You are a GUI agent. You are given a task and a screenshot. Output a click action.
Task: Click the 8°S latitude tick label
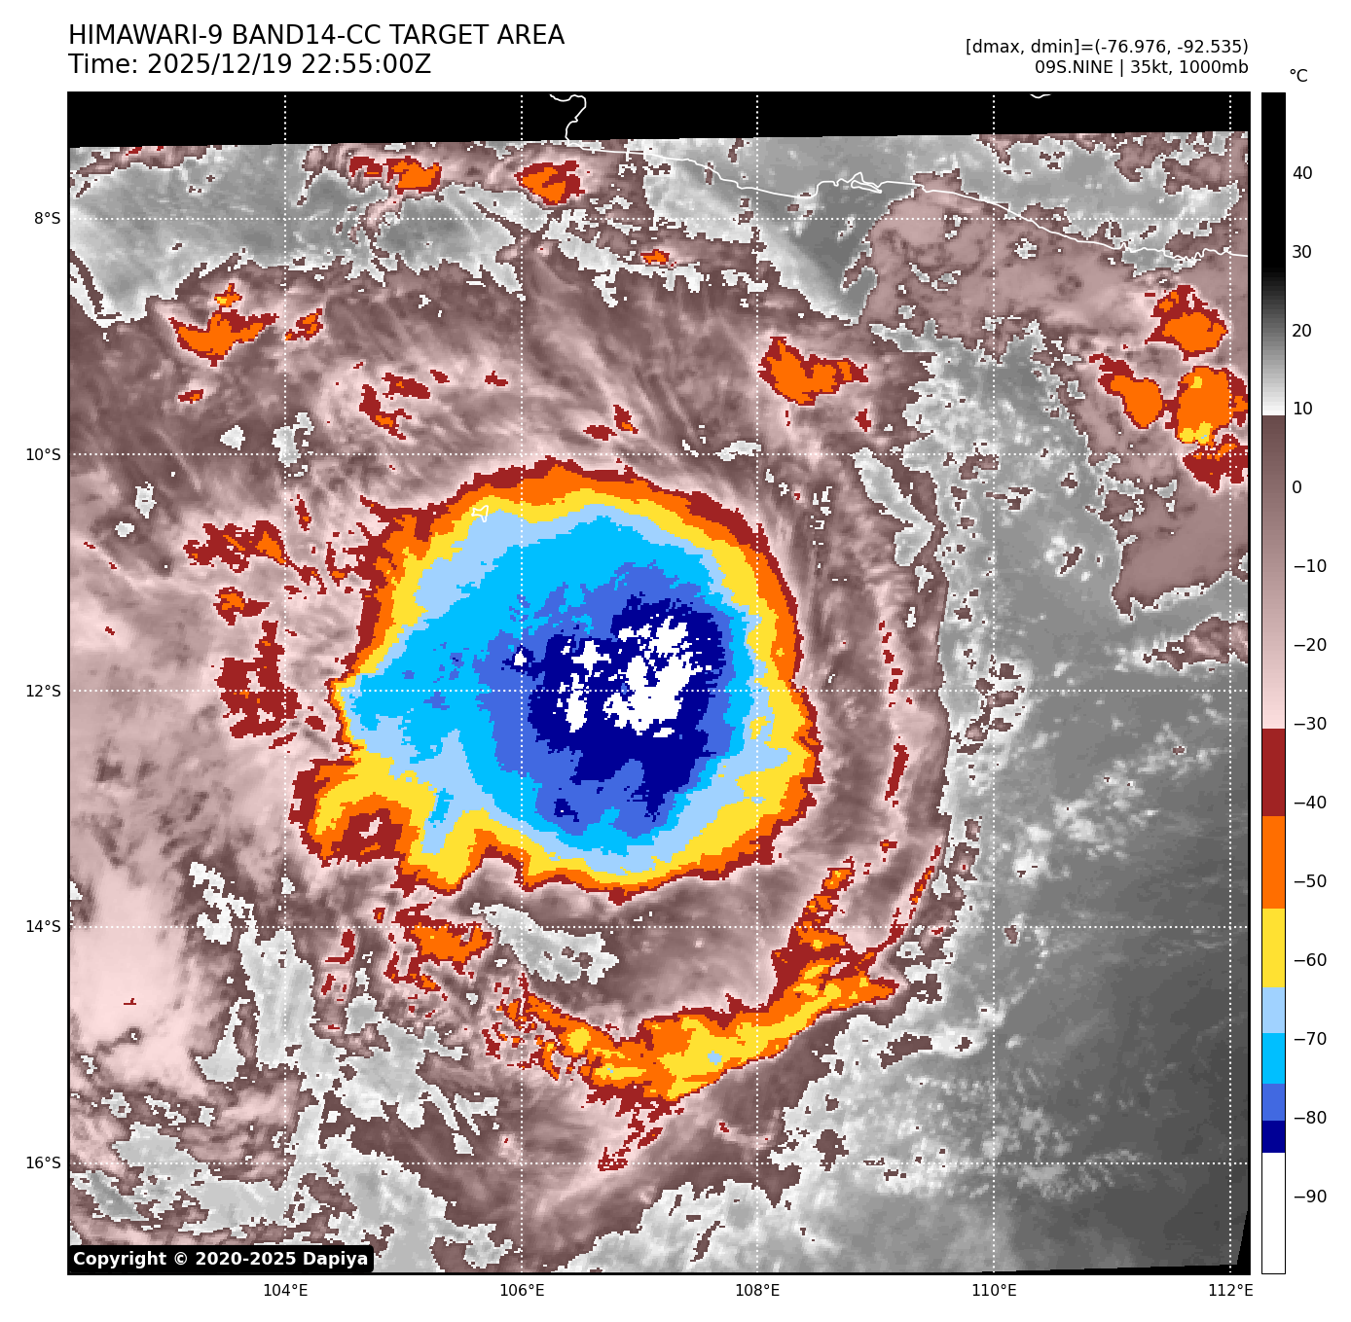click(x=47, y=218)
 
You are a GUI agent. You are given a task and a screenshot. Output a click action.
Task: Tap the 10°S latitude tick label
click(x=43, y=454)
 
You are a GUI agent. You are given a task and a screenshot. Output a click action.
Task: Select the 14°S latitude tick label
click(x=43, y=926)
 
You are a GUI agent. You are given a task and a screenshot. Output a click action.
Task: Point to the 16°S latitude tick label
click(x=43, y=1162)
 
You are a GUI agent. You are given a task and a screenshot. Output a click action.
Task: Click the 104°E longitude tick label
click(x=285, y=1291)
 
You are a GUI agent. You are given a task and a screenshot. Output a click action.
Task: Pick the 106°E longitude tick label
click(x=522, y=1291)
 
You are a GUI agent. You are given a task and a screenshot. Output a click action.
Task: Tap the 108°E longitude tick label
click(x=757, y=1291)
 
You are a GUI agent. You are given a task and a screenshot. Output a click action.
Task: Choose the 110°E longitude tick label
click(x=994, y=1291)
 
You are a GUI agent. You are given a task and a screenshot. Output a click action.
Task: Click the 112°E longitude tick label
click(x=1229, y=1291)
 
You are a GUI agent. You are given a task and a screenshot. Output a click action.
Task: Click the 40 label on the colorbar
click(x=1302, y=173)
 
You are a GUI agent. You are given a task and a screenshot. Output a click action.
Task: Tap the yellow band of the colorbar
click(x=1273, y=948)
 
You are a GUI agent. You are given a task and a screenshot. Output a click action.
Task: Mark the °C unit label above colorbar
click(x=1298, y=76)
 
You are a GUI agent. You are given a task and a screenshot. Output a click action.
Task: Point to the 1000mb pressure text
click(x=1215, y=67)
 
